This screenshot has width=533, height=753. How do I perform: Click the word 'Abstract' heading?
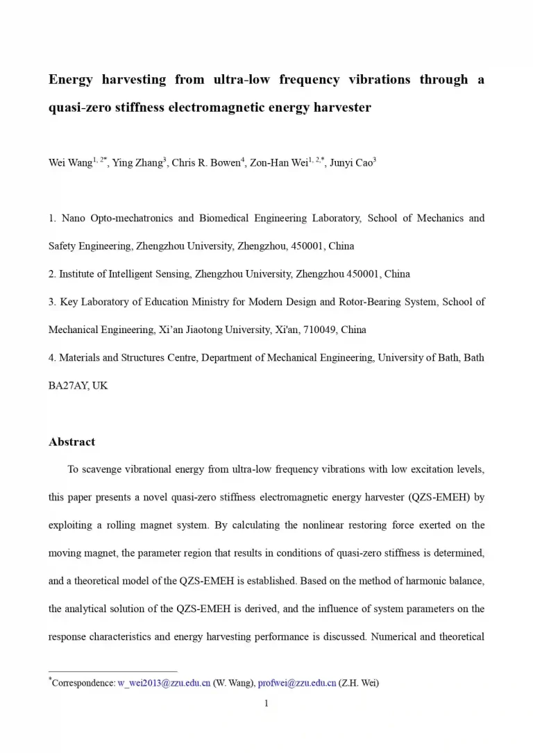click(71, 442)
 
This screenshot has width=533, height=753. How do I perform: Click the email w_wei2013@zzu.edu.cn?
click(164, 683)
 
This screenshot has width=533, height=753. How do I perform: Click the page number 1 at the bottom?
click(266, 704)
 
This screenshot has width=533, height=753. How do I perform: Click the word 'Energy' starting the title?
click(71, 80)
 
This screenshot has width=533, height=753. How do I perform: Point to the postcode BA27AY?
click(65, 385)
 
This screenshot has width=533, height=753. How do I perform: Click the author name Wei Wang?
click(69, 164)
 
